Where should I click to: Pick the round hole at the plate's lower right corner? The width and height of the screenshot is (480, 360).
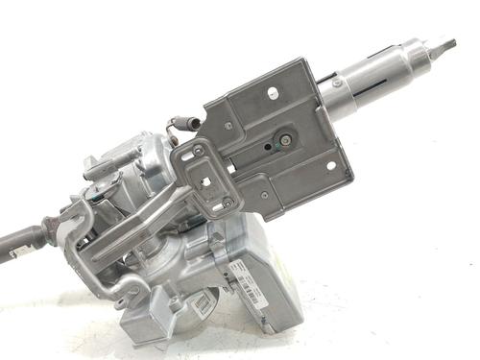[x=330, y=165]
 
